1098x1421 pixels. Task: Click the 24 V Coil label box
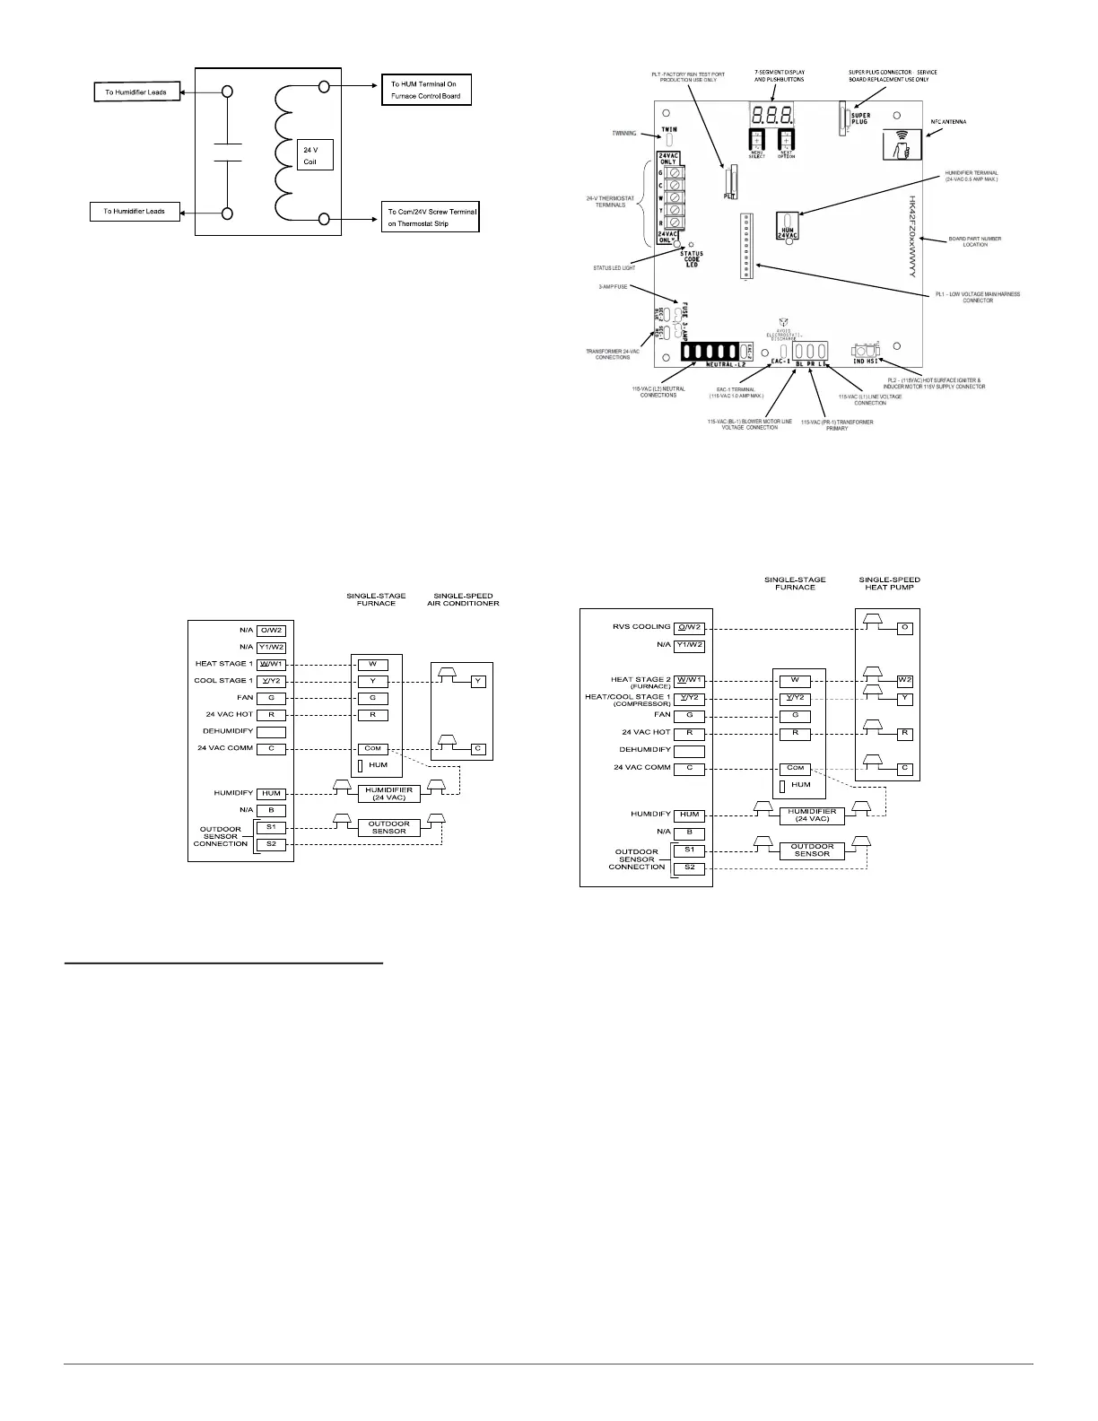tap(315, 154)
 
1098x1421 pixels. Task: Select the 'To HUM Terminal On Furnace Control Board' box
tap(426, 90)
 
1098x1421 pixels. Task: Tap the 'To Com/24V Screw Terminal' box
tap(431, 216)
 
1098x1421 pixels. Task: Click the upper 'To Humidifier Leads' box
tap(135, 92)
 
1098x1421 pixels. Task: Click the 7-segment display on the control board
tap(771, 115)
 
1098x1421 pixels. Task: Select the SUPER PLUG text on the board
tap(860, 118)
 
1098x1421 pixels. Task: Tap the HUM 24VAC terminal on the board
tap(788, 226)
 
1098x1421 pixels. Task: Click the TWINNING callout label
tap(619, 134)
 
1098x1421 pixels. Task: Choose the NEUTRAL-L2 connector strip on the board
tap(714, 352)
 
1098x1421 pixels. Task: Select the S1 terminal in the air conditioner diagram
tap(271, 827)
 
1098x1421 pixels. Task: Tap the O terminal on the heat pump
tap(905, 628)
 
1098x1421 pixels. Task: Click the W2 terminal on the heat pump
tap(905, 680)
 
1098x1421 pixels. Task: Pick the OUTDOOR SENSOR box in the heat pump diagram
tap(812, 850)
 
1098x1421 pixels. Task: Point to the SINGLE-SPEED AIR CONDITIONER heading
tap(463, 599)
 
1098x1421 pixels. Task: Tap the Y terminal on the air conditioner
tap(478, 682)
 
